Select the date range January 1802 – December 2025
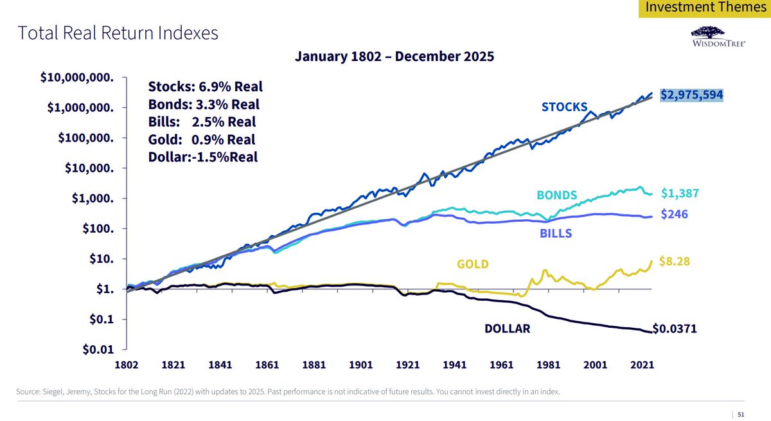[394, 56]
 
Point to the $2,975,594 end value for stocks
[691, 95]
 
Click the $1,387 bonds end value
[680, 193]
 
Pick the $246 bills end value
[675, 215]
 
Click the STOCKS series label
[564, 107]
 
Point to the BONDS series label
[556, 195]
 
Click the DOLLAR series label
[507, 328]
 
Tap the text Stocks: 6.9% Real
[205, 87]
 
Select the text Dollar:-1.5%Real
[203, 156]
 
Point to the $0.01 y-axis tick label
[98, 350]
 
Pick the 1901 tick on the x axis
[360, 364]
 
